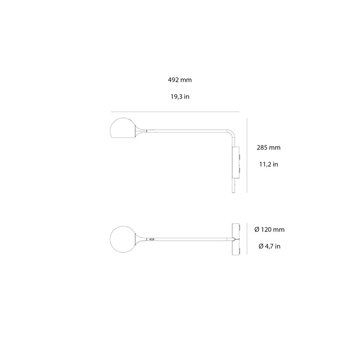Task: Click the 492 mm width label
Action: pos(180,80)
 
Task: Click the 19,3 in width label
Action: pos(180,96)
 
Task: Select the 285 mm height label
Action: pos(269,147)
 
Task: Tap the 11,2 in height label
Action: pos(268,164)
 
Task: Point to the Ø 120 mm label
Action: pos(269,229)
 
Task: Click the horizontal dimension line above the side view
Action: pos(175,112)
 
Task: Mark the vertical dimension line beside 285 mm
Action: pos(247,155)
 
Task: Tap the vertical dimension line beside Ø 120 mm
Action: pos(247,238)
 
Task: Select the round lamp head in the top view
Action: pos(121,238)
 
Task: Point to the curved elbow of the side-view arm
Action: pos(231,134)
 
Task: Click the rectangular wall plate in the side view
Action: pos(237,162)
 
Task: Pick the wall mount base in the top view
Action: pos(236,238)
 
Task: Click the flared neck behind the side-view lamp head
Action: pos(140,131)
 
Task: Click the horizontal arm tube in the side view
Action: pos(189,131)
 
